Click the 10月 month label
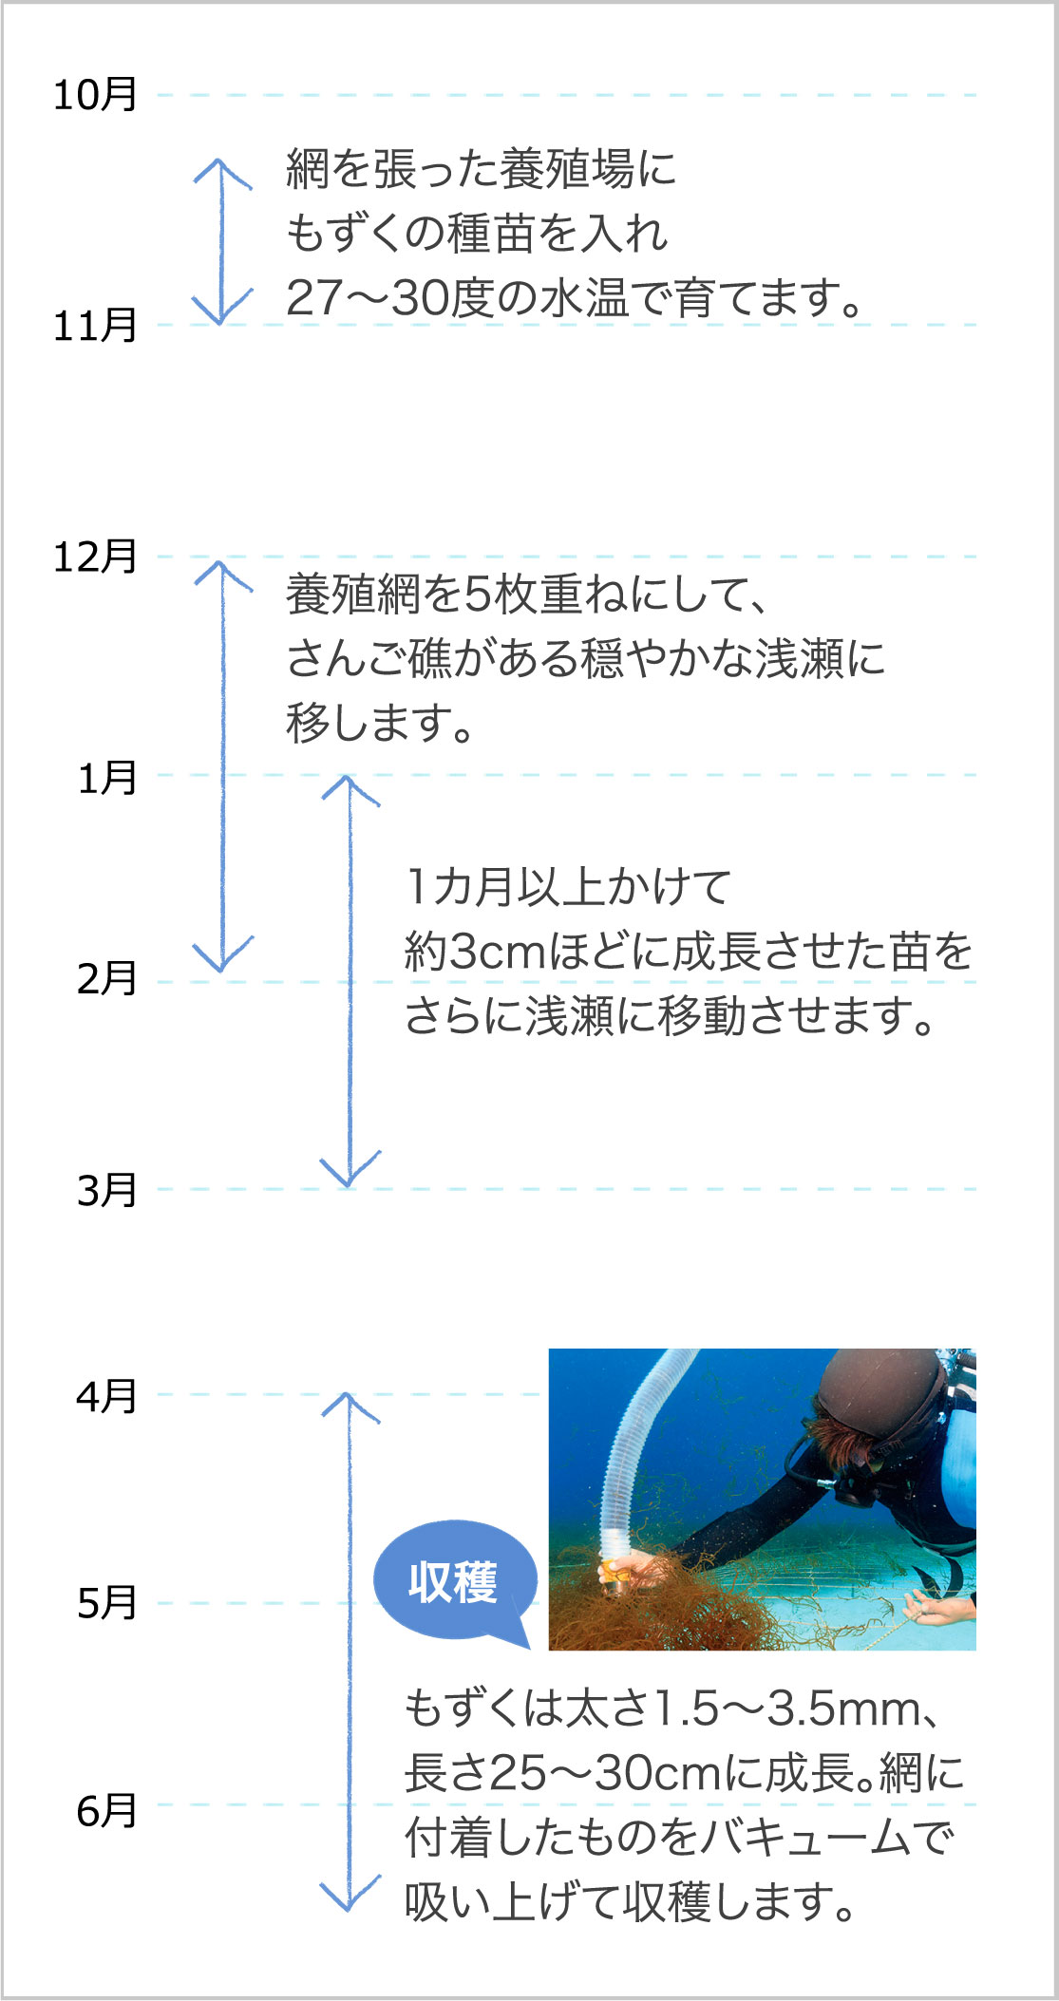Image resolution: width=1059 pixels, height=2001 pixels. click(95, 95)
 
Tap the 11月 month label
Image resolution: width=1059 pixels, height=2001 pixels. click(95, 326)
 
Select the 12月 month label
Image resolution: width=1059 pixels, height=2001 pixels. click(95, 557)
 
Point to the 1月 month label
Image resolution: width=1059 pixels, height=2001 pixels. click(107, 778)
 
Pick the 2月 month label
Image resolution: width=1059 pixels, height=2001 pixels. click(107, 979)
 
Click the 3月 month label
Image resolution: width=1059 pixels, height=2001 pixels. click(107, 1190)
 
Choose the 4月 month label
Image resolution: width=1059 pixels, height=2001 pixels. click(107, 1396)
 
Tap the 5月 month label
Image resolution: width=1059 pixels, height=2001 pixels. click(107, 1603)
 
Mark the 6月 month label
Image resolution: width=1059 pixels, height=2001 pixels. click(107, 1811)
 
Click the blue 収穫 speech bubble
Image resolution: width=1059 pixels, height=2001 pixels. click(453, 1581)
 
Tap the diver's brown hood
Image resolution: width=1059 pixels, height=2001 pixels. click(879, 1396)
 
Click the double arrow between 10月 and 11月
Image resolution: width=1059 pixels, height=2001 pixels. click(222, 241)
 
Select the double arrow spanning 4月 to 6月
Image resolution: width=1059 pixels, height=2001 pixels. click(350, 1652)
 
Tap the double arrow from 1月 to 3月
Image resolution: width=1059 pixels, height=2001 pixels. click(350, 981)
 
